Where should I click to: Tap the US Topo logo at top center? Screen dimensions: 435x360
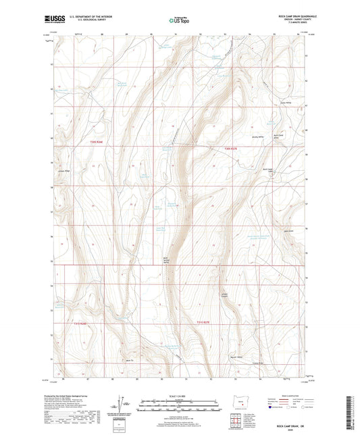coord(179,21)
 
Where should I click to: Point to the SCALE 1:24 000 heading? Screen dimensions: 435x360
coord(179,396)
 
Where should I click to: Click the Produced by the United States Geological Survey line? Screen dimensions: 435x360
coord(80,395)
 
